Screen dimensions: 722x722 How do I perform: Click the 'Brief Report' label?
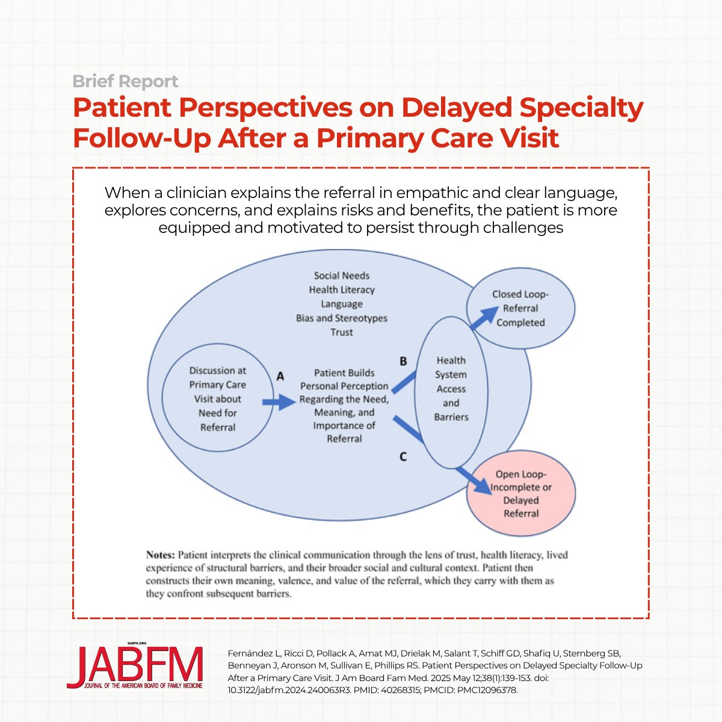coord(125,81)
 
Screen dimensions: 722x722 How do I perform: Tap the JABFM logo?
coord(135,667)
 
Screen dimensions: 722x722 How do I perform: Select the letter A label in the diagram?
coord(280,377)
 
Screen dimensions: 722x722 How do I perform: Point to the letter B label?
coord(403,361)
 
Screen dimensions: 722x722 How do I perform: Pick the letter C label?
coord(403,457)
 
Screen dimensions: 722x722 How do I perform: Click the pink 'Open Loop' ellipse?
coord(521,493)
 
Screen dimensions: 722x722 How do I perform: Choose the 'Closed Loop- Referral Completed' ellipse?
coord(520,308)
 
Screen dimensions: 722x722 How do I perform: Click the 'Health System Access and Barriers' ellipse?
coord(451,389)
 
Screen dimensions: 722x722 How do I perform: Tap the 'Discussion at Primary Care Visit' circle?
coord(217,398)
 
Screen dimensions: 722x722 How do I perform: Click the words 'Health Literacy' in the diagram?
coord(342,290)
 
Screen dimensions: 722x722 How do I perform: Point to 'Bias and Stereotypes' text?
coord(342,318)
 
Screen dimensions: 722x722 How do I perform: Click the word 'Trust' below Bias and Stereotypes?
coord(342,332)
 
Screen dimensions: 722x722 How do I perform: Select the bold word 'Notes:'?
coord(161,555)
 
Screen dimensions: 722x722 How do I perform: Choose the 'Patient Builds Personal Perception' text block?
coord(344,406)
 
